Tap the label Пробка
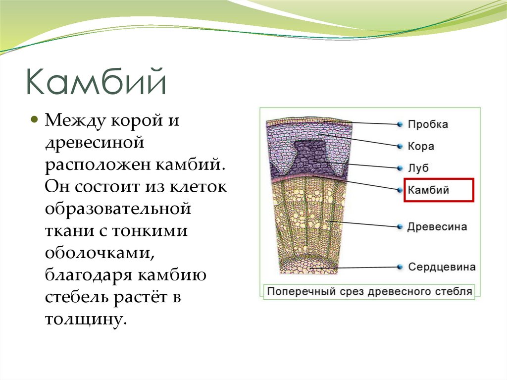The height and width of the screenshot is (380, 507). click(428, 124)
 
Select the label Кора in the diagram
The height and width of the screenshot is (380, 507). click(421, 146)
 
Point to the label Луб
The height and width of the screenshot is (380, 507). click(418, 168)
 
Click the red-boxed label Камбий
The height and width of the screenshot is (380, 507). click(428, 190)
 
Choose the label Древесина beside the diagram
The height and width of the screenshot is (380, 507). click(437, 227)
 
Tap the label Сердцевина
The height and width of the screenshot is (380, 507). click(442, 267)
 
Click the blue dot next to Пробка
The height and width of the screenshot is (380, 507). click(399, 124)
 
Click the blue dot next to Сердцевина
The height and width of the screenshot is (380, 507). click(399, 267)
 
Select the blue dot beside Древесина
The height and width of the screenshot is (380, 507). click(399, 227)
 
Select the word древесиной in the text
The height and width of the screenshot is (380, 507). click(94, 144)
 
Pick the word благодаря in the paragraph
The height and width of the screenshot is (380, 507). click(88, 275)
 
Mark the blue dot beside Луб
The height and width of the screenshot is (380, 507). click(399, 168)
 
